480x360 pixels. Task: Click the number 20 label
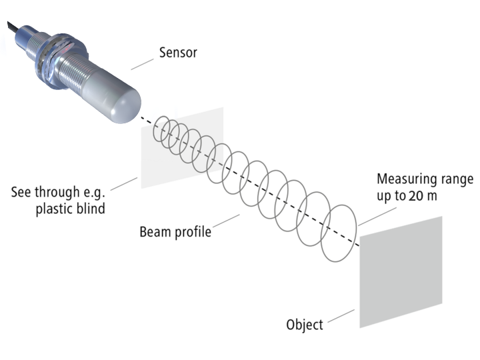(x=417, y=196)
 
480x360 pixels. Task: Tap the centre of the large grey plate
(x=401, y=271)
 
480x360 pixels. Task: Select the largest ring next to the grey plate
(x=339, y=233)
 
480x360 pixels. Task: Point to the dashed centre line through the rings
(x=193, y=150)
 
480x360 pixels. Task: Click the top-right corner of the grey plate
(x=441, y=217)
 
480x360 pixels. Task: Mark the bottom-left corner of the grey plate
(x=360, y=327)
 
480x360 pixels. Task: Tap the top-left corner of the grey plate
(x=360, y=237)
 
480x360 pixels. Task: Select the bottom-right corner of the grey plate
(x=441, y=304)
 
